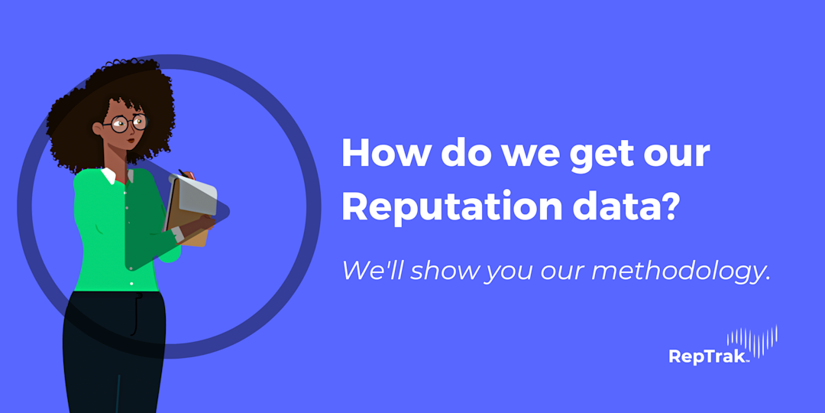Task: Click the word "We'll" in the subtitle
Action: coord(370,270)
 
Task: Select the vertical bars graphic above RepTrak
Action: coord(752,341)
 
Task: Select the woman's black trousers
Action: coord(115,352)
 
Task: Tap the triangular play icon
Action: coord(176,214)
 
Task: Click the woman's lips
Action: coord(131,140)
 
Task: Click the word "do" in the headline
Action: coord(461,154)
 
